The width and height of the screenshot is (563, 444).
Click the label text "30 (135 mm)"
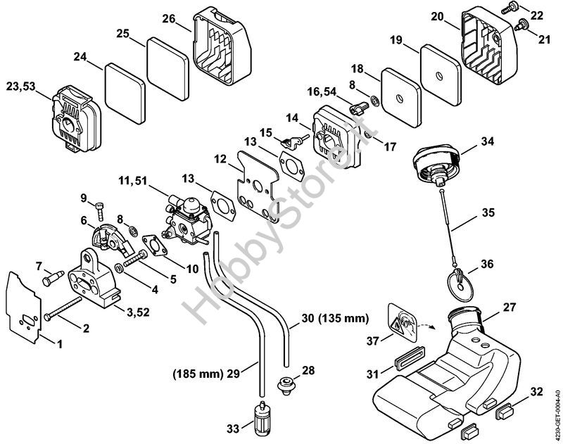[336, 319]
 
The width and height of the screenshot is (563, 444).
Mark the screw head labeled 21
[524, 26]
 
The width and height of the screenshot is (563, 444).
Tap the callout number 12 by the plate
[220, 160]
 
